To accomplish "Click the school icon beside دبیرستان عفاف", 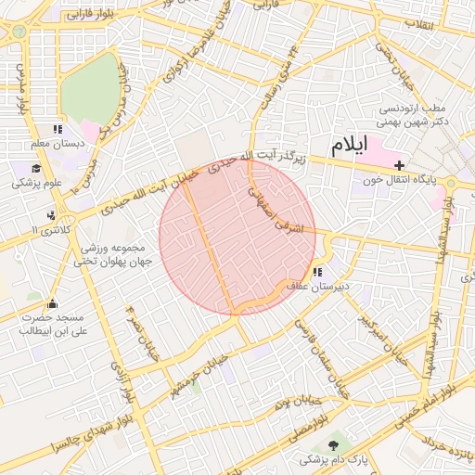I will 317,273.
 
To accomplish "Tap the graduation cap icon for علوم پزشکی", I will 36,168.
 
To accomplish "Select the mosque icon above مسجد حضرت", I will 52,303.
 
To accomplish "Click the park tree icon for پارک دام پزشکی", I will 333,446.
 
